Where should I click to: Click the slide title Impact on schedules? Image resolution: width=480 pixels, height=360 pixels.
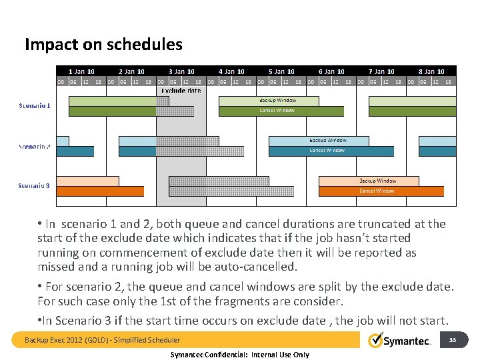coord(103,45)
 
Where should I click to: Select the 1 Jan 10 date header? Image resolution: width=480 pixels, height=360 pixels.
coord(81,71)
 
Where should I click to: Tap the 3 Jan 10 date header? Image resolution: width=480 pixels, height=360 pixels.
coord(181,71)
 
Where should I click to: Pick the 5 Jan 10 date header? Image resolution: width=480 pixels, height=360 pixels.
coord(281,71)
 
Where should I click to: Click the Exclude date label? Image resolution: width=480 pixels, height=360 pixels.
coord(181,90)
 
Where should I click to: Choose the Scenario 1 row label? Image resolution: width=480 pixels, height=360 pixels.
coord(34,105)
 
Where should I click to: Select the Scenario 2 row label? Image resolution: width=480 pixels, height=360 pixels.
coord(34,146)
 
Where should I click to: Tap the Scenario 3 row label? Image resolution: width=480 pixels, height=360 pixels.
coord(34,185)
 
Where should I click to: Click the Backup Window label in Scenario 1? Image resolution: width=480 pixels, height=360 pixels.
coord(277,101)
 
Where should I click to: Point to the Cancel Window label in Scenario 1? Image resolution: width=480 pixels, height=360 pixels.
coord(277,111)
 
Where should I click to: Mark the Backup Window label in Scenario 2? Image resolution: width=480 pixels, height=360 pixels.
coord(327,141)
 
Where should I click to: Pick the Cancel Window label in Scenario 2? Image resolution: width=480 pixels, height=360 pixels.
coord(327,151)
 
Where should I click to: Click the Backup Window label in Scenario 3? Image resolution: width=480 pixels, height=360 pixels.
coord(377,181)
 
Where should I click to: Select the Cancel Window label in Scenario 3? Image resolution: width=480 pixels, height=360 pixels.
coord(377,191)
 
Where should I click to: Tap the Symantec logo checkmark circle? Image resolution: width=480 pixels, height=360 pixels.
coord(376,341)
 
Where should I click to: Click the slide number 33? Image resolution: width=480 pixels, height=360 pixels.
coord(452,340)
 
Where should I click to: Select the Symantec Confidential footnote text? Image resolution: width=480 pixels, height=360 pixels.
coord(241,355)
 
